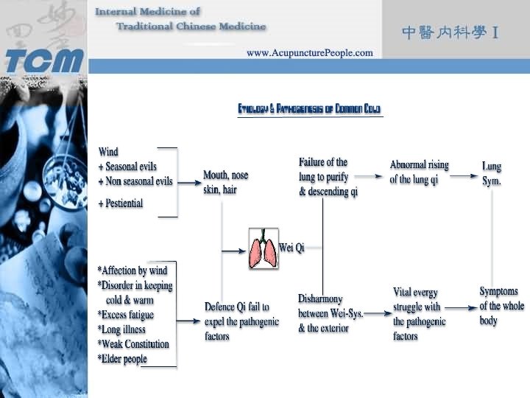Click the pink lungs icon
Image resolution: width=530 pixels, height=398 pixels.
(x=263, y=248)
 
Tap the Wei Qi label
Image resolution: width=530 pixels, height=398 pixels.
(x=292, y=248)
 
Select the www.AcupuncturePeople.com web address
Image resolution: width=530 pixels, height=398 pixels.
(x=309, y=53)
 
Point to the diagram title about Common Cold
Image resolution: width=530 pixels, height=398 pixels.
(x=309, y=109)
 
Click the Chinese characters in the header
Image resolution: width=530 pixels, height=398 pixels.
(x=451, y=32)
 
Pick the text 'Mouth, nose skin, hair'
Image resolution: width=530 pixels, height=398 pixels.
(x=225, y=182)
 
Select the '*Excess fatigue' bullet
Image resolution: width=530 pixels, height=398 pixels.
(x=126, y=315)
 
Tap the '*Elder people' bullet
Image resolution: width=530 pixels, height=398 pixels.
(x=122, y=359)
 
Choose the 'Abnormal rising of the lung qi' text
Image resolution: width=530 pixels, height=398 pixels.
(x=419, y=172)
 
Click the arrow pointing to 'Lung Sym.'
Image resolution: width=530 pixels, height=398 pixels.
(x=463, y=177)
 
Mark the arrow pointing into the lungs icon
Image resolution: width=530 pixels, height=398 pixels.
(x=234, y=251)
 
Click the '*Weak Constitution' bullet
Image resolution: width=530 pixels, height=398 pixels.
(x=133, y=344)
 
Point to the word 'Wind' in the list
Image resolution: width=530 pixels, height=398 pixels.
(x=108, y=153)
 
